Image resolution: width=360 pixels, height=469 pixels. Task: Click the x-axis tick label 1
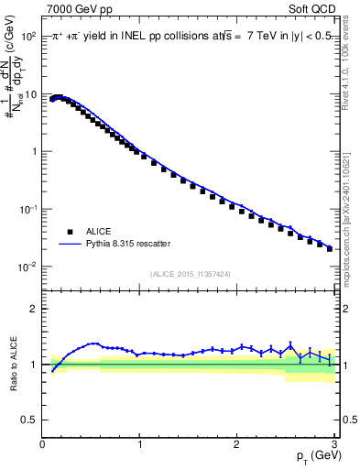tap(139, 445)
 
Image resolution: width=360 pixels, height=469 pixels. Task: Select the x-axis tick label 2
tap(236, 445)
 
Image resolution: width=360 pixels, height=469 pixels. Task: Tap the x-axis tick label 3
tap(333, 445)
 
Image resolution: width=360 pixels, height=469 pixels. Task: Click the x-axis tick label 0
tap(43, 445)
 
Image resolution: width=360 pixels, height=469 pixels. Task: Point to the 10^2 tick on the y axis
tap(27, 38)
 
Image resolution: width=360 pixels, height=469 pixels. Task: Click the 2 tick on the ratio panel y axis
tap(34, 309)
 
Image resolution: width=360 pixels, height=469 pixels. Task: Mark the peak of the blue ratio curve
tap(93, 344)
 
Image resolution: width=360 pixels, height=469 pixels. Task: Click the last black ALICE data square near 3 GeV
tap(330, 248)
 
